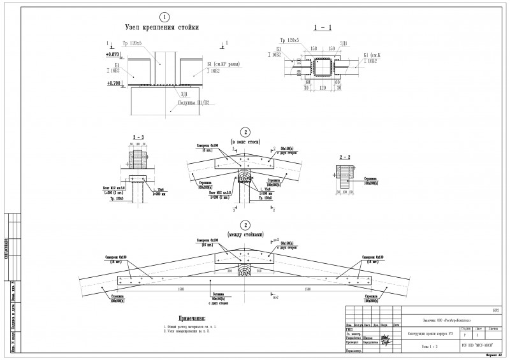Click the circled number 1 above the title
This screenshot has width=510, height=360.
pos(164,17)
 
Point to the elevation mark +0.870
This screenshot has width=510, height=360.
pos(113,55)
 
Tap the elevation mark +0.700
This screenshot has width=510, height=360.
pos(113,83)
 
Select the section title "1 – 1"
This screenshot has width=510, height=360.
pos(323,28)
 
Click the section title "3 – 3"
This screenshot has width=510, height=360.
pos(138,136)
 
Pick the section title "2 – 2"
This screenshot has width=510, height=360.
pos(346,156)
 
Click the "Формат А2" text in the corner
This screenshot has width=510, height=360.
pos(494,356)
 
